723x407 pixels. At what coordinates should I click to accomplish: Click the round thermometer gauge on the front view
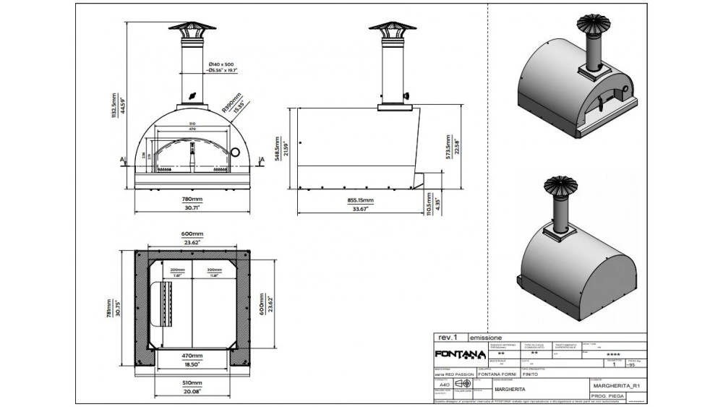[x=234, y=151]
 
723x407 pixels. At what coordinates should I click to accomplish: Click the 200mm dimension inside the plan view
[x=177, y=270]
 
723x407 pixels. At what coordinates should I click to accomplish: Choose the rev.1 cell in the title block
[x=450, y=338]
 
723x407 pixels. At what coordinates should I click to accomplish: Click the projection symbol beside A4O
[x=462, y=383]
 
